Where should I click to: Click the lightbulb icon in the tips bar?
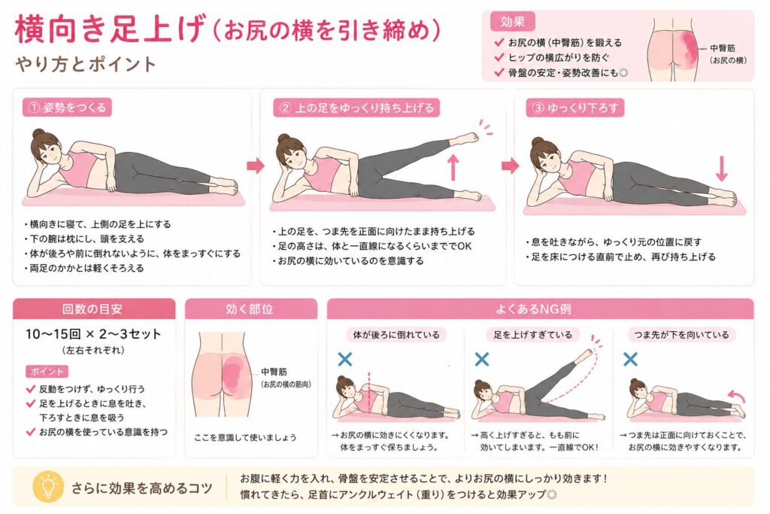(x=47, y=486)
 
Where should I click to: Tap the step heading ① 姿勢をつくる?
(x=67, y=108)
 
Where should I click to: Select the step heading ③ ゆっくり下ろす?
(x=574, y=108)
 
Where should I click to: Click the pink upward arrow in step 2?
(x=453, y=167)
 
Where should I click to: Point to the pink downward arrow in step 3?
(x=721, y=169)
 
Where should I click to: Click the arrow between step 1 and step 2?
(x=256, y=166)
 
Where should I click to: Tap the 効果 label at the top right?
(x=512, y=22)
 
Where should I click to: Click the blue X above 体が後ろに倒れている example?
(x=344, y=359)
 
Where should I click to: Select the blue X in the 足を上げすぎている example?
(x=482, y=359)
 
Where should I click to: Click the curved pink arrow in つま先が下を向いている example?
(x=737, y=396)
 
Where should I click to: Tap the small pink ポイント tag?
(x=47, y=372)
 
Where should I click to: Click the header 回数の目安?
(x=92, y=309)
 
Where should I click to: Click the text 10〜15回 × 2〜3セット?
(x=93, y=334)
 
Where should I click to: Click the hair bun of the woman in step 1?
(x=38, y=133)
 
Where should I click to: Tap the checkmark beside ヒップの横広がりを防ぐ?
(x=499, y=57)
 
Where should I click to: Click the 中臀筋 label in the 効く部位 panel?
(x=274, y=372)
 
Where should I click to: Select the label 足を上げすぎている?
(x=533, y=335)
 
